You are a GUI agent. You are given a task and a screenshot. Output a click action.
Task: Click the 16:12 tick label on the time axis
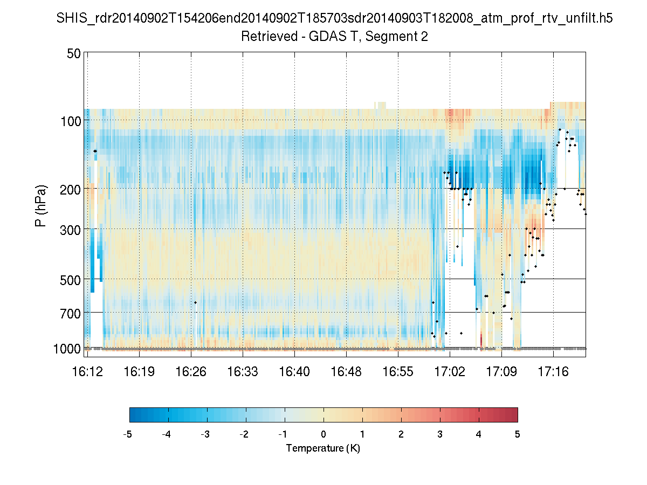click(87, 371)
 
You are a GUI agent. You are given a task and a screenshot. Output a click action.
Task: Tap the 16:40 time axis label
click(294, 371)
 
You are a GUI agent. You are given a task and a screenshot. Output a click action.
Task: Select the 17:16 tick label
click(553, 371)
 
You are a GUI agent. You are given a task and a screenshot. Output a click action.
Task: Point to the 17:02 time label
click(450, 371)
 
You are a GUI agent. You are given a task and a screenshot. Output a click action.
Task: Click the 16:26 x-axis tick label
click(191, 371)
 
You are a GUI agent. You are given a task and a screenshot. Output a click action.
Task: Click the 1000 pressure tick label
click(67, 349)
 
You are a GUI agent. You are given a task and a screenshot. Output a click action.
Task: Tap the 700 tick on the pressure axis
click(71, 313)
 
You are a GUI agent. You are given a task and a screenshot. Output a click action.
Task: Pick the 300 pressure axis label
click(71, 229)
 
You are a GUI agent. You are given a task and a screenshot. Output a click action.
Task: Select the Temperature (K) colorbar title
click(323, 448)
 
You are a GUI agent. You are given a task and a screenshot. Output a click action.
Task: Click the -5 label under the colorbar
click(128, 434)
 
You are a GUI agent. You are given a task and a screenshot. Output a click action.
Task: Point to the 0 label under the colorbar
click(323, 434)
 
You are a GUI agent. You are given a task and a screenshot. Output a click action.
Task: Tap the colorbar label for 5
click(518, 434)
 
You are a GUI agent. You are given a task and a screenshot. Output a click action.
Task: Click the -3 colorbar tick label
click(205, 434)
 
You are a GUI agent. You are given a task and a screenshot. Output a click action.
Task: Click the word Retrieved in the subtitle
click(265, 37)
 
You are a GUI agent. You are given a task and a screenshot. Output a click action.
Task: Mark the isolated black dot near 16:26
click(196, 302)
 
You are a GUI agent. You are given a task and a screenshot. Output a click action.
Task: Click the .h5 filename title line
click(334, 19)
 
